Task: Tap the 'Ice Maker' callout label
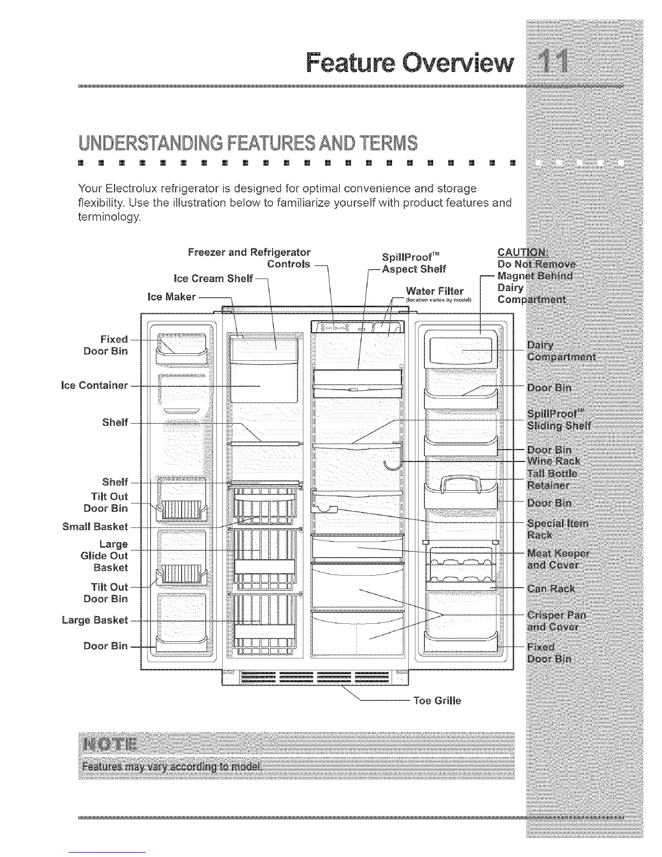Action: point(171,297)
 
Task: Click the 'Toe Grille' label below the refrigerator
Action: point(437,701)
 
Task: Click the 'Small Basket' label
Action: point(95,526)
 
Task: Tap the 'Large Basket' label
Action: point(95,620)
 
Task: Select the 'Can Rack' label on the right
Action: point(551,589)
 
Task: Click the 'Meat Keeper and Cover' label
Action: point(558,559)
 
